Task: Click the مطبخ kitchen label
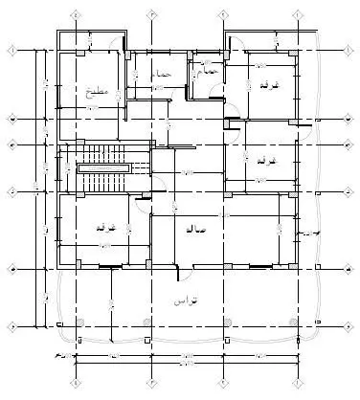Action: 93,92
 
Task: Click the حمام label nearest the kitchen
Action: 163,74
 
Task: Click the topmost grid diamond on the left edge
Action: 11,50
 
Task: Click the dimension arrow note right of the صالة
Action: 308,233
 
